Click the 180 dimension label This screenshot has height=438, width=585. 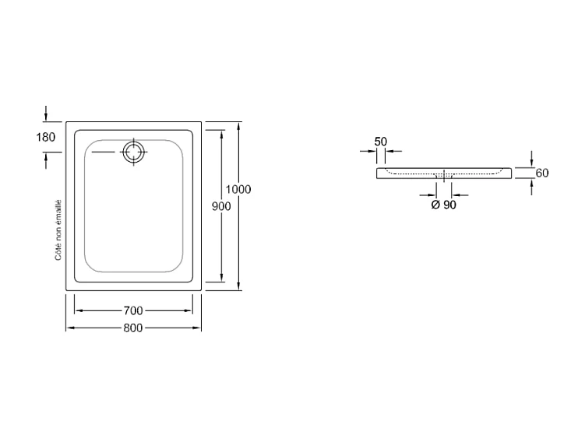pos(46,138)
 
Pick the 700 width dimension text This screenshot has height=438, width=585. pos(132,311)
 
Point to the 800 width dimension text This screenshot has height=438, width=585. pos(132,328)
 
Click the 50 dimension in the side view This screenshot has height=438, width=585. pos(381,141)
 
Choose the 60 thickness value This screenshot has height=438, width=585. pos(542,173)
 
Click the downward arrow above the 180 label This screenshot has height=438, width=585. pos(46,114)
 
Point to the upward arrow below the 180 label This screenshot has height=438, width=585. pos(46,159)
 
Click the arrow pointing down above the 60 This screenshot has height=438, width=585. pos(532,158)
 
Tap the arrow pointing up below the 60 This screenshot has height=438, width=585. pos(532,187)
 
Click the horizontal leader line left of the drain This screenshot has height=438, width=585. pos(106,152)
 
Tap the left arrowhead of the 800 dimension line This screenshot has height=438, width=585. pos(69,328)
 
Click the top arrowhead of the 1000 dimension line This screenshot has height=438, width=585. pos(238,125)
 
